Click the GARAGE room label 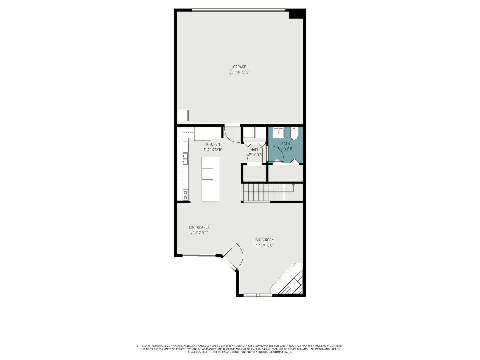click(x=239, y=67)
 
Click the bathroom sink click(x=278, y=132)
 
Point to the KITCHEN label click(x=213, y=144)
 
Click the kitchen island click(x=210, y=179)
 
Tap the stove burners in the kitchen click(x=185, y=195)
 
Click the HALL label click(x=254, y=150)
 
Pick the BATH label click(x=285, y=144)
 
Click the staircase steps click(x=263, y=193)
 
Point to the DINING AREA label click(x=199, y=227)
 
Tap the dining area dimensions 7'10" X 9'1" click(x=199, y=233)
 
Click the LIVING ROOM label click(x=264, y=240)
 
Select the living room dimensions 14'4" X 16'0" click(x=264, y=245)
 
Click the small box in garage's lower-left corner click(x=183, y=116)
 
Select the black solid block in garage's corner click(x=297, y=14)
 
